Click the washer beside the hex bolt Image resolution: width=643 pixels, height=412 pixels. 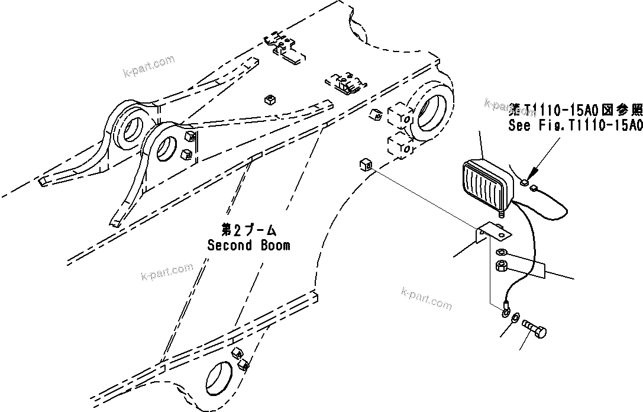click(515, 318)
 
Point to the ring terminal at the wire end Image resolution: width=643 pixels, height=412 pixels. click(506, 310)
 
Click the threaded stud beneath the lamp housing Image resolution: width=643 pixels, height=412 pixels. click(503, 211)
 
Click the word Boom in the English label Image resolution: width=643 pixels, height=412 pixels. click(274, 245)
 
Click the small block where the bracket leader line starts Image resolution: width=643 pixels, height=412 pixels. click(364, 165)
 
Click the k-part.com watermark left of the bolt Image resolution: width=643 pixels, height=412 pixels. click(426, 298)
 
